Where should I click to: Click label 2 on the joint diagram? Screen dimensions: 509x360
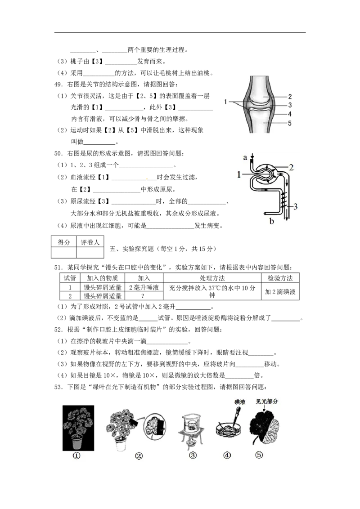point(290,96)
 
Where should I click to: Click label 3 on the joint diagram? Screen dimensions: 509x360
point(290,105)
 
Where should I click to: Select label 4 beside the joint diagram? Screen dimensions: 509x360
point(290,114)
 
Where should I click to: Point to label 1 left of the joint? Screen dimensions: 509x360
point(225,102)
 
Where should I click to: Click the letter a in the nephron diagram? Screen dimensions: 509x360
point(245,157)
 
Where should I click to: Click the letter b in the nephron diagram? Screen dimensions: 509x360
point(271,221)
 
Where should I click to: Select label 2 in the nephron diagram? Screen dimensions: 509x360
point(291,167)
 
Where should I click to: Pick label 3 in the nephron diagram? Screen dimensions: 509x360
point(295,206)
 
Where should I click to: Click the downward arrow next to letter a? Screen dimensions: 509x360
point(252,156)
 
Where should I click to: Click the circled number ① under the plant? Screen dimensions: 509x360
point(76,455)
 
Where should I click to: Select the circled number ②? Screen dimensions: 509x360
point(139,456)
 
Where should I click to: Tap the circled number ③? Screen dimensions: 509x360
point(193,455)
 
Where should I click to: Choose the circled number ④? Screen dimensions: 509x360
point(227,455)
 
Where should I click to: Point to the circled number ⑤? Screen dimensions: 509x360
point(259,455)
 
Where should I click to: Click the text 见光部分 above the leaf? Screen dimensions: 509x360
point(267,402)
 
